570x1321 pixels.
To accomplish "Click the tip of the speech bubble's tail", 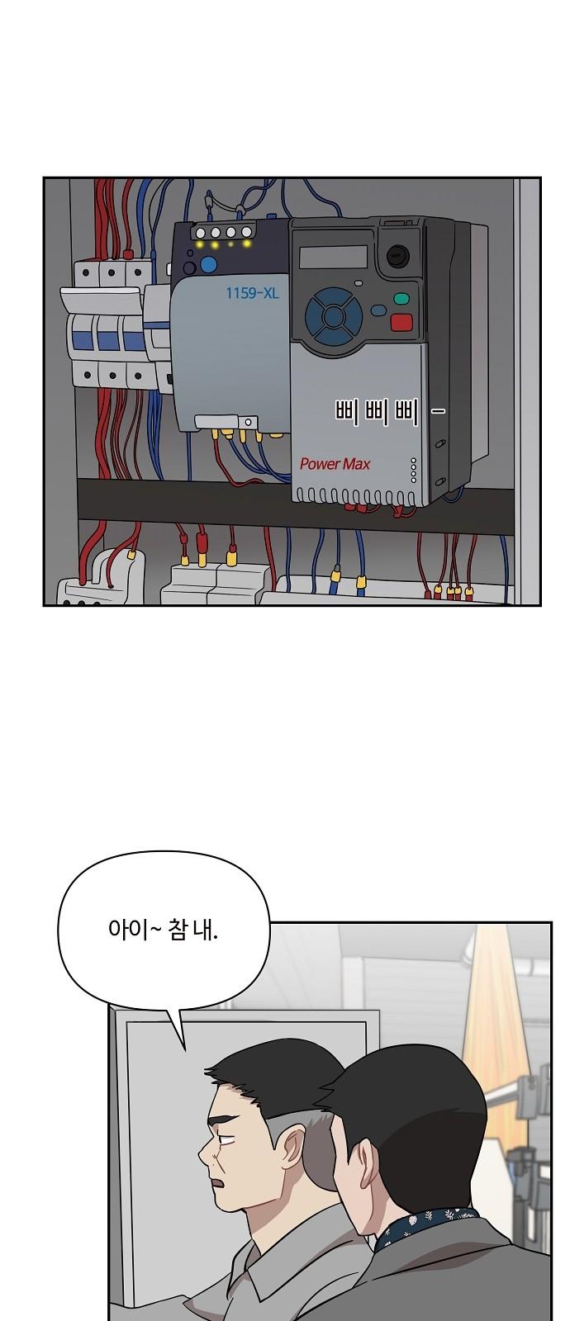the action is click(184, 1050).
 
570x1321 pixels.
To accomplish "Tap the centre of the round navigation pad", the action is click(332, 316).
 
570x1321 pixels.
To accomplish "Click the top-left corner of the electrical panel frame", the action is click(44, 178).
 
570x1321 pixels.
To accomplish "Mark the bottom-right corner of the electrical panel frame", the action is click(540, 605).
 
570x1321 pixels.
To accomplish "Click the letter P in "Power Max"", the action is click(306, 464).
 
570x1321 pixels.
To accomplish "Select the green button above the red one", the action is click(401, 300).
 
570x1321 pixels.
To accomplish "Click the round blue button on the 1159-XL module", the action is click(208, 265).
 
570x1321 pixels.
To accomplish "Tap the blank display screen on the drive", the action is click(334, 256).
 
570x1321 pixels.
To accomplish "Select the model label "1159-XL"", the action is click(252, 292).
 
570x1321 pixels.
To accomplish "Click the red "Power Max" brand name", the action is click(335, 464).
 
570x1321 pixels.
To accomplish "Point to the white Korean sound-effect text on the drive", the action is click(389, 412).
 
